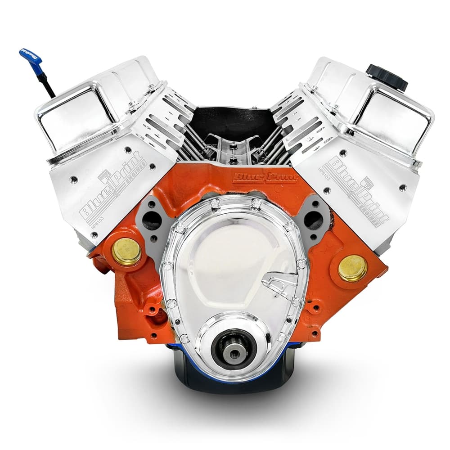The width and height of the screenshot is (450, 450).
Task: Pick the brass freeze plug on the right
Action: click(352, 268)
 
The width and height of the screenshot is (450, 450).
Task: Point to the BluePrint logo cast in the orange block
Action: click(265, 177)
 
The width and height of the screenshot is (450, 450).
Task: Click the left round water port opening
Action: click(152, 220)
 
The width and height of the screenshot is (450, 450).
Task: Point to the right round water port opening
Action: click(314, 220)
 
